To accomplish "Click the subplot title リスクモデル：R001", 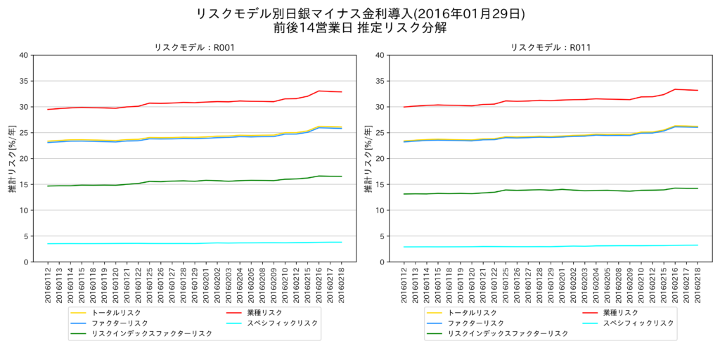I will [195, 48].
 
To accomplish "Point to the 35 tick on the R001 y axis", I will [25, 81].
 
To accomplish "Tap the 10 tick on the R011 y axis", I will [380, 210].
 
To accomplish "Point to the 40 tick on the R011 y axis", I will [380, 55].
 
